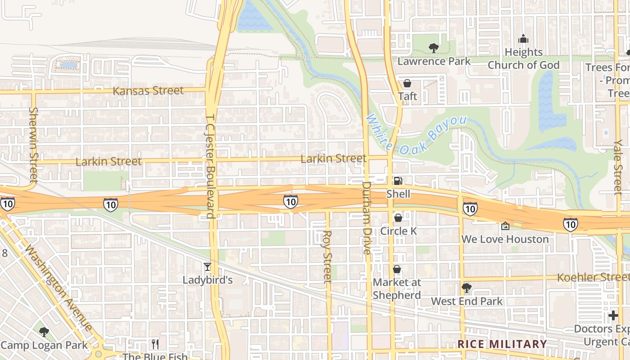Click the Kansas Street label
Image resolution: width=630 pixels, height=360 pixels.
(148, 90)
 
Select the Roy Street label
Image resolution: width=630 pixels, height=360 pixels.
(327, 256)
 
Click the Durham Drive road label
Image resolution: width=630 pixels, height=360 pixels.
(367, 218)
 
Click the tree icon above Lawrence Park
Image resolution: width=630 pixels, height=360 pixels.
(433, 47)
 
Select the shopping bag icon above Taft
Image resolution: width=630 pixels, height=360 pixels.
(407, 83)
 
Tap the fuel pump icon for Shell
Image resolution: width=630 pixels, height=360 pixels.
(398, 181)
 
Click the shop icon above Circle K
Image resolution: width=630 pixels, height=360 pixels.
(398, 218)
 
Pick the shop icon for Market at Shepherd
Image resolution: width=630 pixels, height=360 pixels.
(397, 269)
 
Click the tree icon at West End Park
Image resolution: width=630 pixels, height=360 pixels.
(466, 288)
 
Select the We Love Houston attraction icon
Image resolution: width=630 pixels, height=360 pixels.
(505, 226)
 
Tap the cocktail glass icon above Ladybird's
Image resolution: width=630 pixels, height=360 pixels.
(207, 267)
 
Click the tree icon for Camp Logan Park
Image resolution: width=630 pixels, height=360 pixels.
(44, 332)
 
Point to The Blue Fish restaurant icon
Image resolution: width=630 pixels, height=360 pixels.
(155, 344)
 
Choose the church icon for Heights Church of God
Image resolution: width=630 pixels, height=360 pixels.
(523, 39)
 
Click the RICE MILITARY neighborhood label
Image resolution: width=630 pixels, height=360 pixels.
(502, 344)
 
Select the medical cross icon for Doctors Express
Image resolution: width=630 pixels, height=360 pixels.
(613, 315)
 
